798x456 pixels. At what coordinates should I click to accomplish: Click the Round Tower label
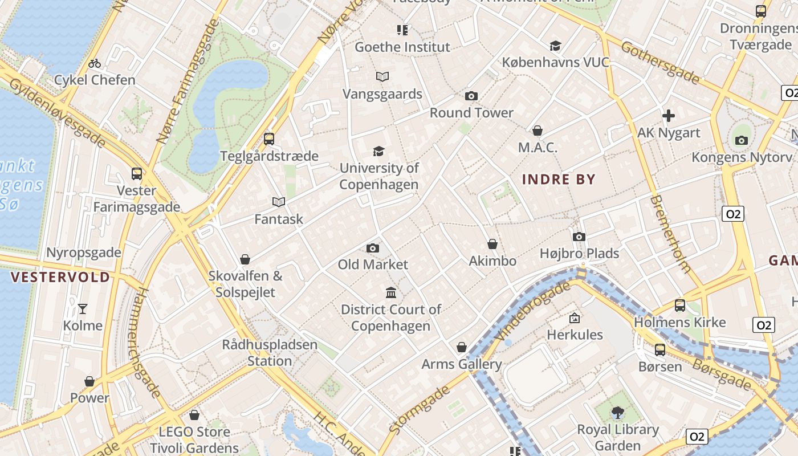click(471, 112)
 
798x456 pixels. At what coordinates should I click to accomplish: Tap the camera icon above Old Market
click(373, 248)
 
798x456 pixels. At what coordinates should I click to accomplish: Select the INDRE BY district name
click(559, 180)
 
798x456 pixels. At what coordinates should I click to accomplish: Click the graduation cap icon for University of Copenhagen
click(378, 151)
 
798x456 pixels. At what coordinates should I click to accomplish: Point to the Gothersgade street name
click(659, 62)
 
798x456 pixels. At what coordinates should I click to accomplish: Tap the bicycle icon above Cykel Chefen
click(95, 63)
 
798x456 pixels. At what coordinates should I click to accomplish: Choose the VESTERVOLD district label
click(60, 278)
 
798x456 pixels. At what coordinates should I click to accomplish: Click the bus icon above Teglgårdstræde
click(269, 139)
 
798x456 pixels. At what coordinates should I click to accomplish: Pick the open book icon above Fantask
click(278, 202)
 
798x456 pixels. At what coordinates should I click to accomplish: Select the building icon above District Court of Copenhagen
click(391, 293)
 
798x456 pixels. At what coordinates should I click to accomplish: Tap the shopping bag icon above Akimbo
click(492, 244)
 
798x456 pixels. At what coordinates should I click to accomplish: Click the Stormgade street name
click(419, 409)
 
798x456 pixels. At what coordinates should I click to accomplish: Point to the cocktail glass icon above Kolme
click(83, 309)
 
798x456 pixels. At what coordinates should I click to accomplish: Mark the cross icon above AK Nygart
click(669, 116)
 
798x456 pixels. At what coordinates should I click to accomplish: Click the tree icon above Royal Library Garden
click(617, 412)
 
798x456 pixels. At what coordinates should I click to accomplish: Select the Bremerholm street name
click(671, 234)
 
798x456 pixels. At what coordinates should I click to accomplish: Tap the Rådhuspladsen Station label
click(270, 353)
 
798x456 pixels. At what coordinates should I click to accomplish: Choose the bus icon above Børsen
click(659, 349)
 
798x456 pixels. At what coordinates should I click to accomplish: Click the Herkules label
click(575, 335)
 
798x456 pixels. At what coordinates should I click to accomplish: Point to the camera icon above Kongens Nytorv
click(742, 140)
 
